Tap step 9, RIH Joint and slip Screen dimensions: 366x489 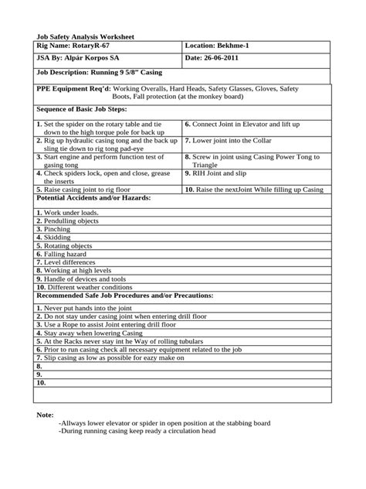pos(227,175)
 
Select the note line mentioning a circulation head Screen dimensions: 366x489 pos(137,432)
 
